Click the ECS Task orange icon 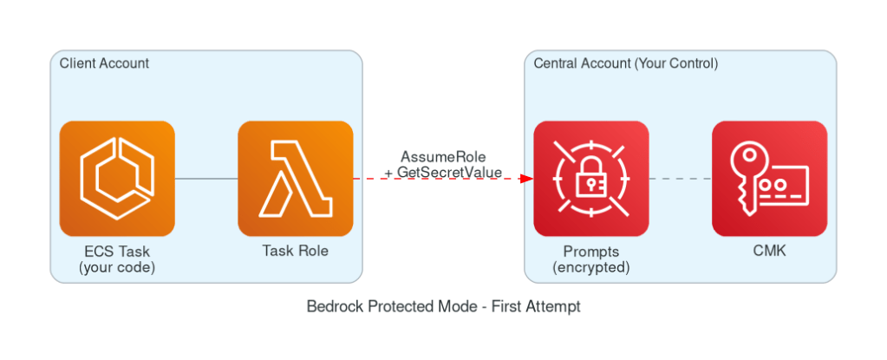(x=117, y=178)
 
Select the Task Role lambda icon (x=295, y=178)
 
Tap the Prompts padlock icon (x=590, y=178)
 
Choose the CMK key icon (x=769, y=178)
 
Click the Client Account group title (x=104, y=63)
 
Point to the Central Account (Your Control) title (x=625, y=63)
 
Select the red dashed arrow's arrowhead (x=526, y=179)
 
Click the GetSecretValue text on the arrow (x=449, y=173)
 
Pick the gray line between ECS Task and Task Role (x=206, y=179)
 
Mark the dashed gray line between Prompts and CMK (x=681, y=179)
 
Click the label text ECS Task (x=117, y=252)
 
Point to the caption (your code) (x=117, y=267)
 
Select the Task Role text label (x=295, y=252)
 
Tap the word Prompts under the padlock (x=590, y=252)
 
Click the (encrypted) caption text (x=590, y=267)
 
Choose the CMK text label (x=769, y=252)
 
